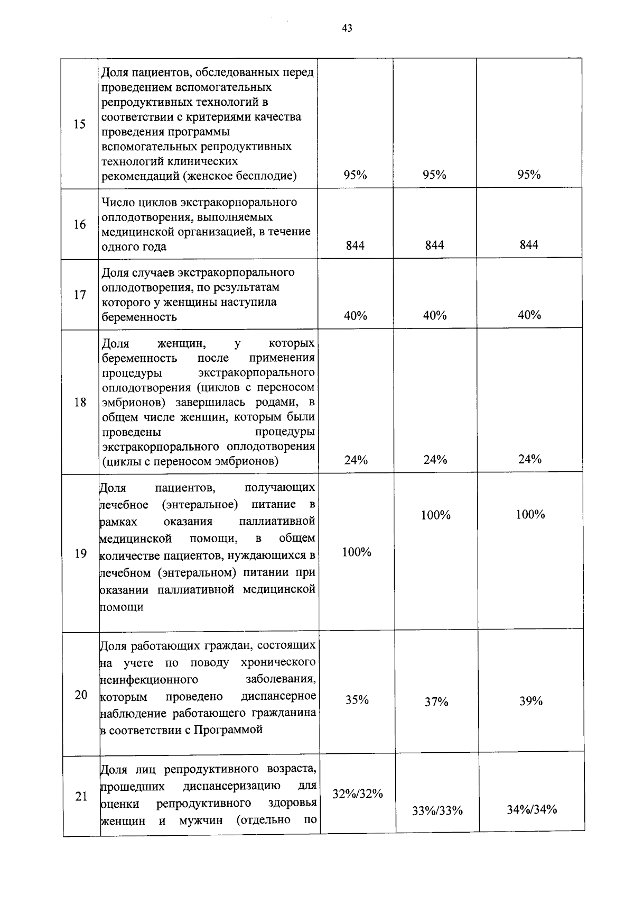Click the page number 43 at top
tap(347, 29)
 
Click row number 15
tap(80, 125)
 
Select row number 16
tap(80, 225)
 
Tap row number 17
tap(80, 295)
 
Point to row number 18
tap(80, 403)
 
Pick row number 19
tap(81, 554)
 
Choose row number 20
tap(81, 695)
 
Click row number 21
tap(81, 796)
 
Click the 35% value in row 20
tap(357, 700)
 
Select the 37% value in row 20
tap(436, 702)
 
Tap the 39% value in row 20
tap(531, 701)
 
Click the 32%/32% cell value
tap(358, 793)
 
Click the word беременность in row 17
tap(139, 317)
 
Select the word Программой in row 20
tap(228, 730)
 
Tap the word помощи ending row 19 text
tap(122, 607)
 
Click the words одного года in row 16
tap(134, 247)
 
